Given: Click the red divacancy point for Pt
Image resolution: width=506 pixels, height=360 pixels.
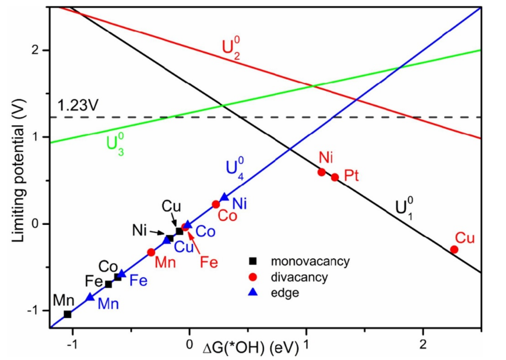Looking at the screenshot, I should click(x=335, y=177).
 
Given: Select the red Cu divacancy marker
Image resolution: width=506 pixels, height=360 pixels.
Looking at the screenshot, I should click(x=454, y=249).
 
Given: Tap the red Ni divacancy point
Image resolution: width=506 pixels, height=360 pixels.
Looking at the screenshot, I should click(x=322, y=172).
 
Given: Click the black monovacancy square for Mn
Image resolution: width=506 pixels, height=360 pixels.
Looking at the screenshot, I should click(x=68, y=315).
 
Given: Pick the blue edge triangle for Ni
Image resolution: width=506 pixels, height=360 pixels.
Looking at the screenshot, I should click(x=224, y=198).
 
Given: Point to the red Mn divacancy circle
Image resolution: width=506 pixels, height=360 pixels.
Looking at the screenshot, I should click(x=151, y=252).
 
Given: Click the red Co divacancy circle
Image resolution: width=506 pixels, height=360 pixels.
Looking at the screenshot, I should click(x=216, y=204).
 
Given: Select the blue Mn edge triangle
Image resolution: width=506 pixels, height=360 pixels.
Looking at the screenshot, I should click(x=90, y=297).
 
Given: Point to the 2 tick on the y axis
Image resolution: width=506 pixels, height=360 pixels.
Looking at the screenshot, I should click(x=38, y=50).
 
